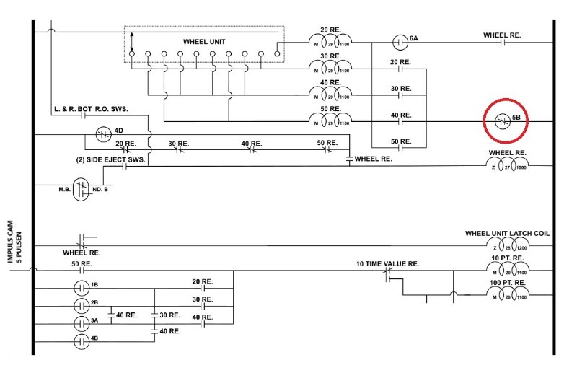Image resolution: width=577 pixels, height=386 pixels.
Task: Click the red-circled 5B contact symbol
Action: coord(504,123)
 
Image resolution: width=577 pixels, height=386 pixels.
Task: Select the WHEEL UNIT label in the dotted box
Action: coord(204,42)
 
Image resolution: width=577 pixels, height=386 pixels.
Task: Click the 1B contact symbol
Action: coord(81,288)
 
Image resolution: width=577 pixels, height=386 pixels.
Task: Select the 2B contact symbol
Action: coord(81,305)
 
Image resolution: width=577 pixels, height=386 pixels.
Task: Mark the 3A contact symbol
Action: coord(81,322)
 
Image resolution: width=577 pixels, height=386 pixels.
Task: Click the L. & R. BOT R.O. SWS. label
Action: coord(90,108)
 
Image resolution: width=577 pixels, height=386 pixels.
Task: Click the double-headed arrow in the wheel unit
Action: coord(132,40)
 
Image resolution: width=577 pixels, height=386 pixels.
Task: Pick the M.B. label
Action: coord(65,189)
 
